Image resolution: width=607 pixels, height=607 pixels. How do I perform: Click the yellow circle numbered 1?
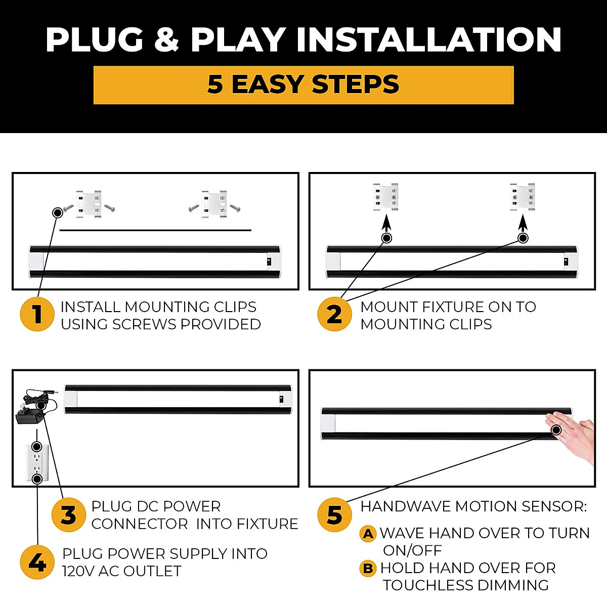[37, 314]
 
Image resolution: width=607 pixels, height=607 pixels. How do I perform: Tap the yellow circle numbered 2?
[334, 314]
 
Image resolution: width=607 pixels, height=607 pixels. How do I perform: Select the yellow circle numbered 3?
[68, 515]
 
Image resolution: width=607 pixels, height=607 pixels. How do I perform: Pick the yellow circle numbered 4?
[37, 562]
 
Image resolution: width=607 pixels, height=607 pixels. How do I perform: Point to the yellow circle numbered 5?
[334, 515]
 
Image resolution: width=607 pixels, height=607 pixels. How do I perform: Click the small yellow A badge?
[368, 534]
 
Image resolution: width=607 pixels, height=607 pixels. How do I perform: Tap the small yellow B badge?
[368, 569]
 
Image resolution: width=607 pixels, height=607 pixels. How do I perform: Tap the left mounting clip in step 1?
[89, 204]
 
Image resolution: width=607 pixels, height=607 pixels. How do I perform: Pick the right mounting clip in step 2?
[522, 197]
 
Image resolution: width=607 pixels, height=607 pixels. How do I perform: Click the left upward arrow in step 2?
[386, 224]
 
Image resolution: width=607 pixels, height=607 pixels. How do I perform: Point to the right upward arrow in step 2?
[523, 224]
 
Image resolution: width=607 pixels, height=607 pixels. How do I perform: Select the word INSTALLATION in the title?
[429, 39]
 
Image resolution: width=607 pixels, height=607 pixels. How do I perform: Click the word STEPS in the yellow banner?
[355, 84]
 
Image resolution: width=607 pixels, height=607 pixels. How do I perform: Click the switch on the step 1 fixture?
[269, 262]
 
